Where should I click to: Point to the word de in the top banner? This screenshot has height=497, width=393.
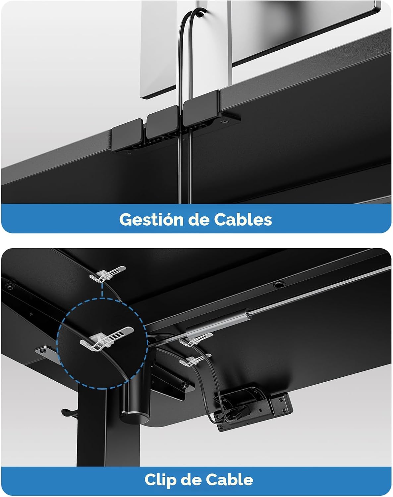(198, 219)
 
